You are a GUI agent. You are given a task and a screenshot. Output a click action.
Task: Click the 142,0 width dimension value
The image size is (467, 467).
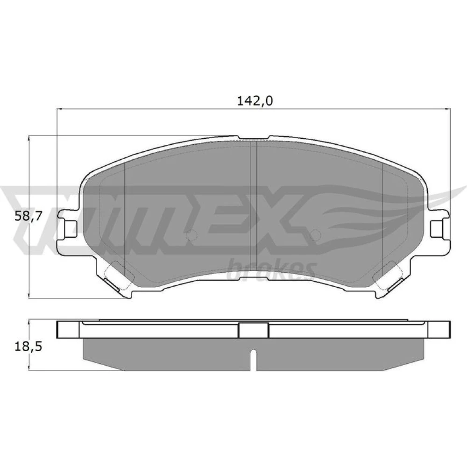coord(255,101)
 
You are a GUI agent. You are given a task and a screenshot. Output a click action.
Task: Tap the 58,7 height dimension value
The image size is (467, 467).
coord(27,217)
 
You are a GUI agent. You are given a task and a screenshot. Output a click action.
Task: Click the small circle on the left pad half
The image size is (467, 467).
coord(191,236)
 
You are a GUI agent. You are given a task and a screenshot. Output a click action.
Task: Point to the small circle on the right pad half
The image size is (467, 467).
coord(316,236)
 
